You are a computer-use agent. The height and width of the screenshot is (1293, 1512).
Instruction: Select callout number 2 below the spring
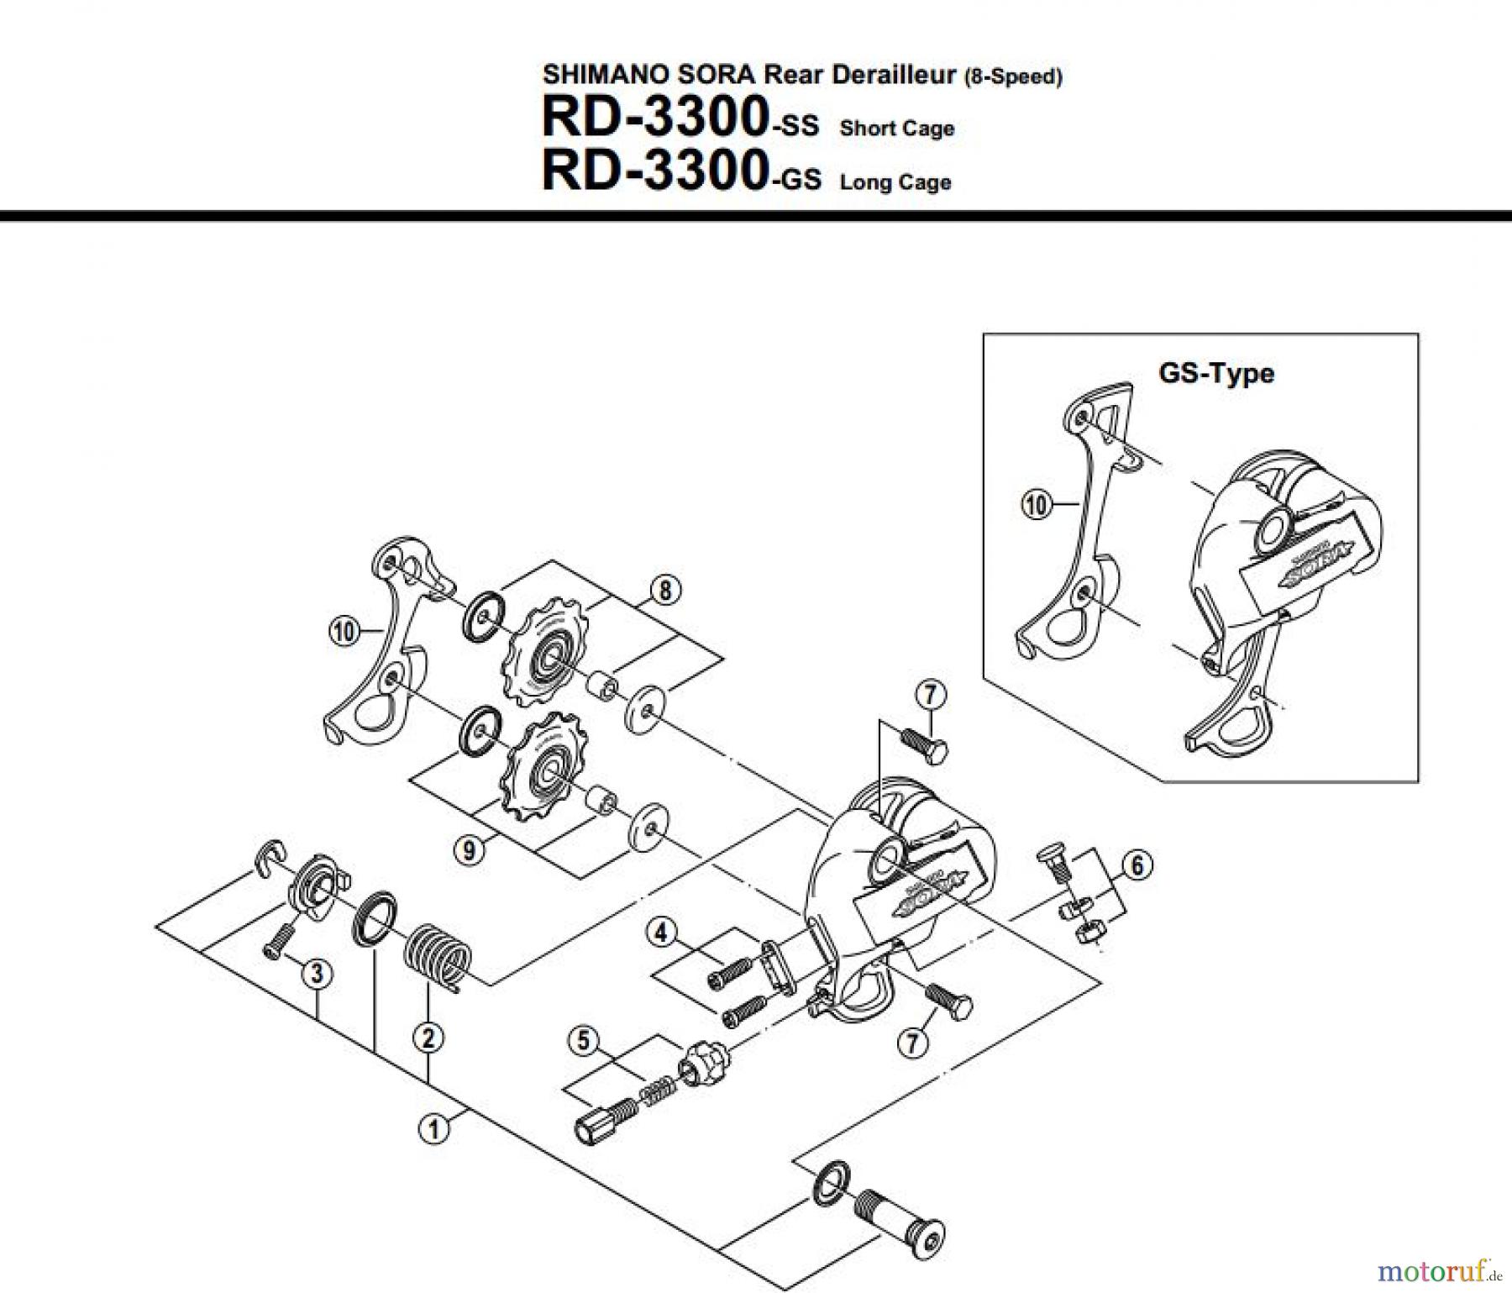(428, 1039)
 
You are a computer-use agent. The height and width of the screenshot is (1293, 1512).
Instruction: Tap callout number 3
(317, 974)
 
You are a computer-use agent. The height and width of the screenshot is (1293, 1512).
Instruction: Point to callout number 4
(661, 932)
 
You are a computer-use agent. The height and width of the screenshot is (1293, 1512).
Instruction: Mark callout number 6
(1137, 865)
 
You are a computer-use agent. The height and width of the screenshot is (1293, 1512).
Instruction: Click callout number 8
(664, 591)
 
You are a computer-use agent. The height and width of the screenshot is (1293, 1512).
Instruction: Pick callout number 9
(469, 850)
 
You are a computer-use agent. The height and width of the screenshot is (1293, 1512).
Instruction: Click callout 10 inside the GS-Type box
(1037, 505)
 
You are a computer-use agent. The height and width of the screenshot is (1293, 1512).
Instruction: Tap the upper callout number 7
(930, 695)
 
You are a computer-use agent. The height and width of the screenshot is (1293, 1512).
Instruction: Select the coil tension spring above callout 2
(436, 954)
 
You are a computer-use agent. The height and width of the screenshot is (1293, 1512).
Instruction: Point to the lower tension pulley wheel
(544, 765)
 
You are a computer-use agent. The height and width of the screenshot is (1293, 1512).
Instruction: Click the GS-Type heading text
(1215, 373)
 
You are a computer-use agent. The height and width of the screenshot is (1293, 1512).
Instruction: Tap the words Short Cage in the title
(896, 129)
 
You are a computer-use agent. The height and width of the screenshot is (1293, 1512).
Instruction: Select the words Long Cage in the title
(895, 182)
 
